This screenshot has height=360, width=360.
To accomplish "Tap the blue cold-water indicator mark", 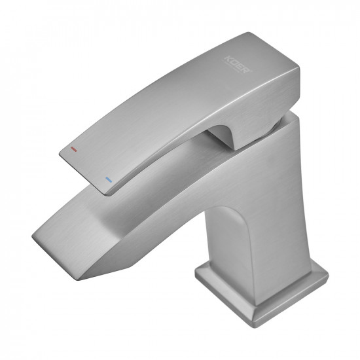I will pos(109,178).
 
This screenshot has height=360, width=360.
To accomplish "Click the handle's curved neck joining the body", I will pos(226,134).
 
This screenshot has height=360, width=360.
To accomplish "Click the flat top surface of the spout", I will pos(131,203).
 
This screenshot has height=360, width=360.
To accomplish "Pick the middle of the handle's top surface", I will pos(177,105).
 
